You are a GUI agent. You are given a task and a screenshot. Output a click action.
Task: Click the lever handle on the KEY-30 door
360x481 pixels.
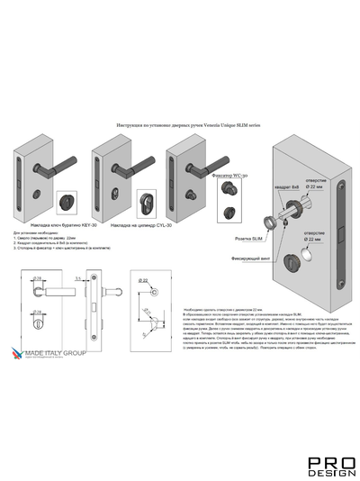pyautogui.click(x=60, y=165)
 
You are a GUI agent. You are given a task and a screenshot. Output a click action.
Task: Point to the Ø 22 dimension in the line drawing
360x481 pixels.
pyautogui.click(x=143, y=282)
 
